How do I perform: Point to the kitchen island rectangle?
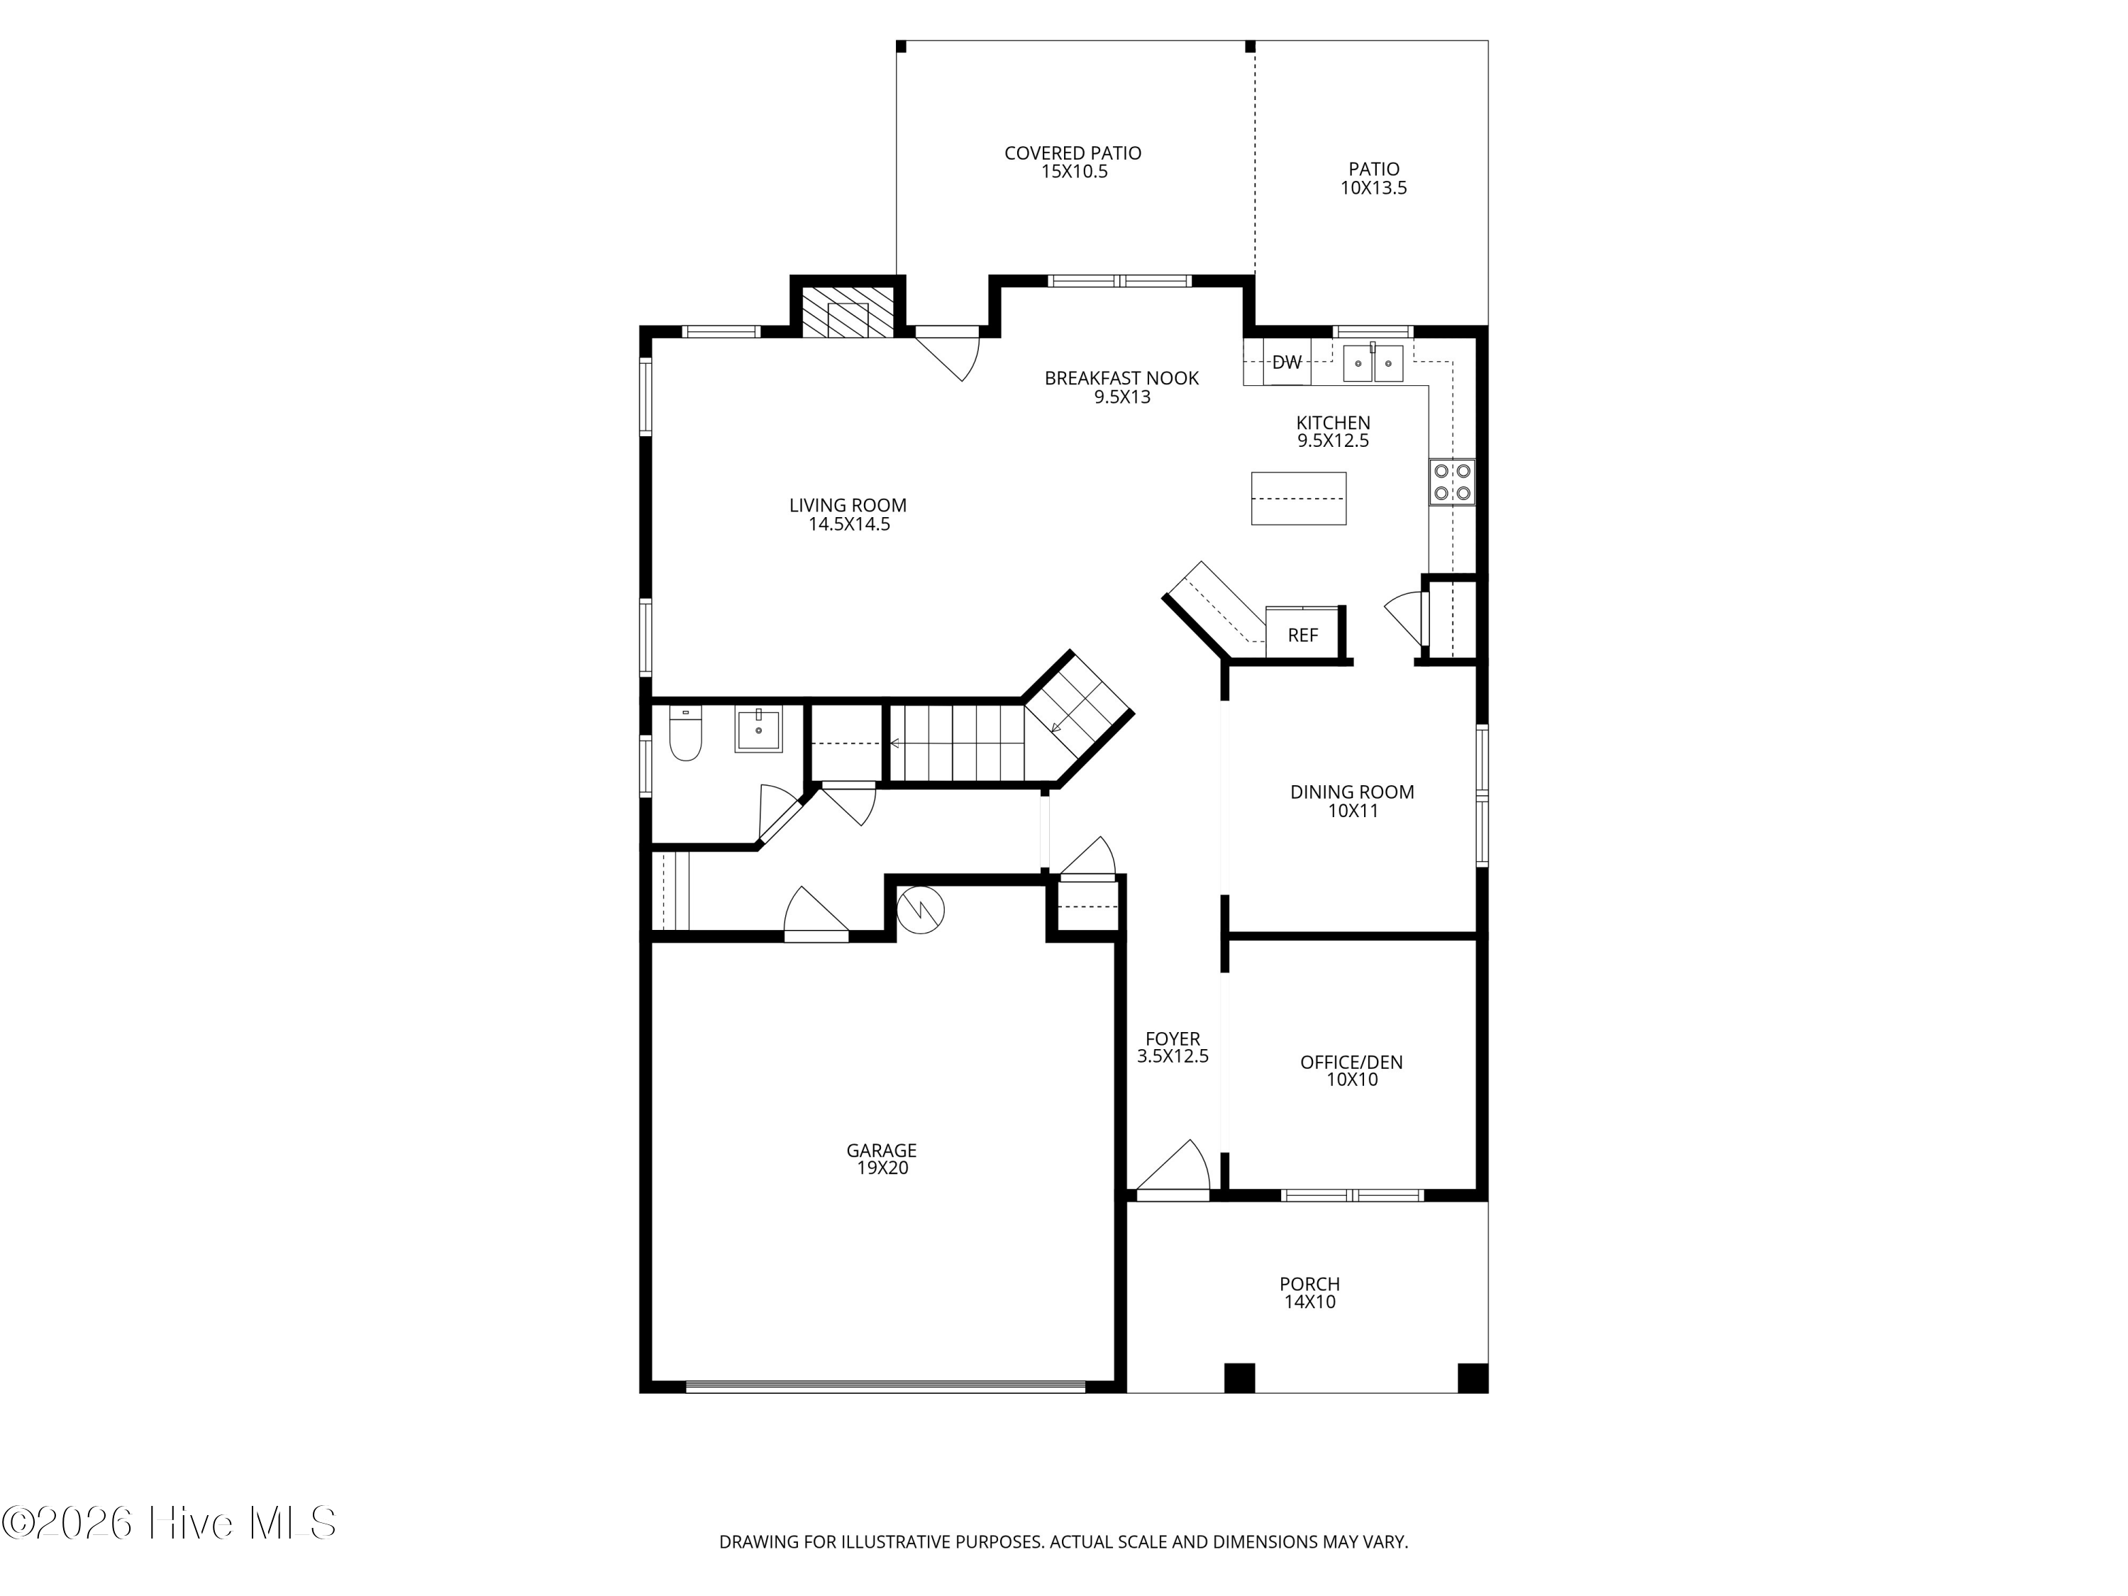(x=1298, y=499)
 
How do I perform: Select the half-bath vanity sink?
(x=759, y=729)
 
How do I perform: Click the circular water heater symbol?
(x=921, y=909)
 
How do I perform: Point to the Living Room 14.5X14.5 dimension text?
(x=848, y=524)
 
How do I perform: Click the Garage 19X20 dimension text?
(x=882, y=1168)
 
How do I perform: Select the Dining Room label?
(x=1352, y=792)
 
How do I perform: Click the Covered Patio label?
(x=1073, y=153)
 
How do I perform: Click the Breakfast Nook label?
(x=1121, y=378)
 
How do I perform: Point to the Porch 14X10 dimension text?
(x=1309, y=1302)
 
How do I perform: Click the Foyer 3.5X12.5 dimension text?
(x=1172, y=1055)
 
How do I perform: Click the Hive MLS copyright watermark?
(x=170, y=1523)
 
